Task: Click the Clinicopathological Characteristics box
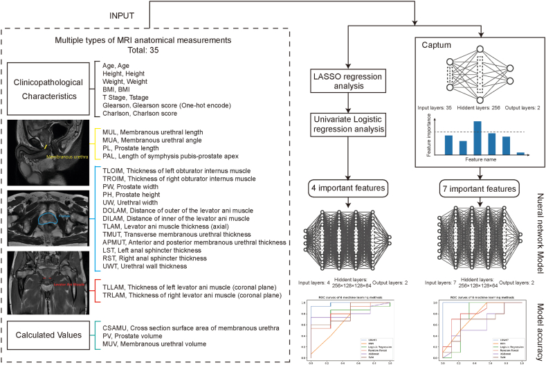pyautogui.click(x=48, y=89)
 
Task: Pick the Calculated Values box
pyautogui.click(x=46, y=335)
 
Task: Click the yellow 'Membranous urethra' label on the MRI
pyautogui.click(x=49, y=157)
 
